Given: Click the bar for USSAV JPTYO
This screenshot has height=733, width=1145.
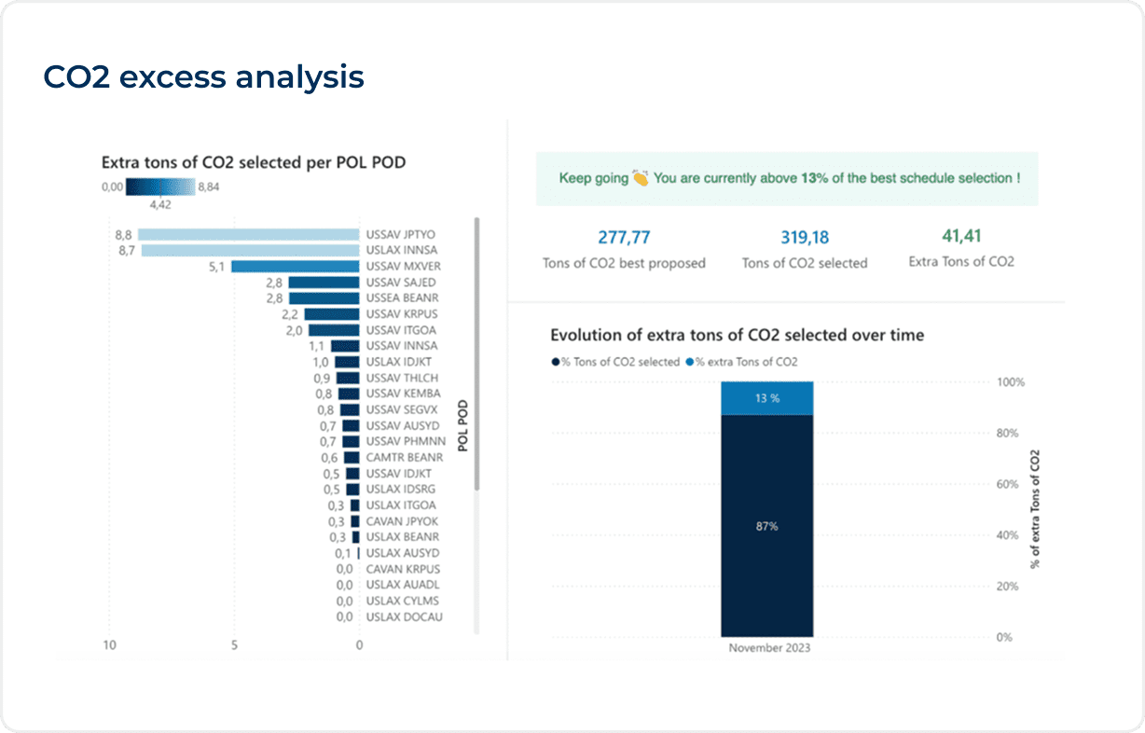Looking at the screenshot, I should click(249, 235).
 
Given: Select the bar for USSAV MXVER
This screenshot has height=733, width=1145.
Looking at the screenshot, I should click(295, 267).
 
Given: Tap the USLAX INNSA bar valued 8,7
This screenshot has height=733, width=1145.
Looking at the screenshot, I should click(250, 251).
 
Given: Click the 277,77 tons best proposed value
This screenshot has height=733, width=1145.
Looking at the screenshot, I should click(624, 238).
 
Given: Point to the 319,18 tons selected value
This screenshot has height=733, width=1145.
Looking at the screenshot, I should click(805, 238).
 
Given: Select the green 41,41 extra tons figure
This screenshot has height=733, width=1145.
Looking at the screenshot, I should click(961, 237).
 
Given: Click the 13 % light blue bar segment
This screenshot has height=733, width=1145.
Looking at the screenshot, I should click(766, 398).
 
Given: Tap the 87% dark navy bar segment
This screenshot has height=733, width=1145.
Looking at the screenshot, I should click(766, 526).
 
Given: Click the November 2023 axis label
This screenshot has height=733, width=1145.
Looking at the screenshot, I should click(769, 648).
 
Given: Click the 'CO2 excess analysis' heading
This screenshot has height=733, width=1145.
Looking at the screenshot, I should click(203, 77).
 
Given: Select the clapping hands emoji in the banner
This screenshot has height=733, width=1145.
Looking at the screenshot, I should click(640, 177).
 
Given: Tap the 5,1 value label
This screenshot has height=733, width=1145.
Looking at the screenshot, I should click(216, 267).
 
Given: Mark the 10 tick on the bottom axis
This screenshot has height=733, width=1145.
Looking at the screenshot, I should click(109, 645).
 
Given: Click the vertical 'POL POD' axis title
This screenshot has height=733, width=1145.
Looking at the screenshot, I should click(462, 426).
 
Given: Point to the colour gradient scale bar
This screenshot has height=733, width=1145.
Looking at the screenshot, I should click(160, 187).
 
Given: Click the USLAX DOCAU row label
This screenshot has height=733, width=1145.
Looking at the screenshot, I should click(404, 617).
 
